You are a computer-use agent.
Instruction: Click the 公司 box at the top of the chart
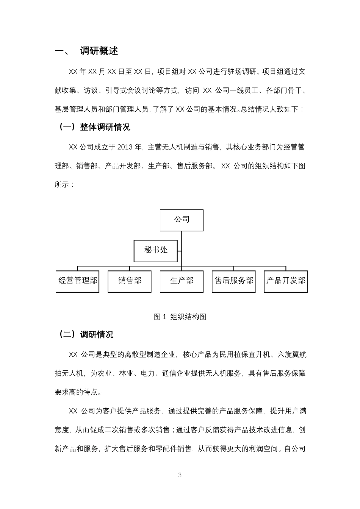point(182,220)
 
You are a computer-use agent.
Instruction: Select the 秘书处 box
point(156,250)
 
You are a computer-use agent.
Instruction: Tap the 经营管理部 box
point(77,281)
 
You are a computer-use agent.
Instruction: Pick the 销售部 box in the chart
point(130,281)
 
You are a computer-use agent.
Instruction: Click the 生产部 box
point(182,281)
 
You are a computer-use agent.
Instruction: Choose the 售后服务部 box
point(234,281)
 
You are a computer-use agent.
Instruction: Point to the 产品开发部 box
point(286,281)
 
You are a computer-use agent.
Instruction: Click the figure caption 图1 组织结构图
point(180,317)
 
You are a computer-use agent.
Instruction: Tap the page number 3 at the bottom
point(180,475)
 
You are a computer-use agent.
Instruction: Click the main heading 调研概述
point(99,51)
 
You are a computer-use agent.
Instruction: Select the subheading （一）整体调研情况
point(93,127)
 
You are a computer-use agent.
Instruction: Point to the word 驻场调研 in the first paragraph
point(243,71)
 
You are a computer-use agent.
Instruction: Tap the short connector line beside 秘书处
point(179,250)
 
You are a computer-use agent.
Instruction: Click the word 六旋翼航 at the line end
point(292,354)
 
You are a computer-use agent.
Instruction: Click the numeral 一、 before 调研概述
point(62,51)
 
